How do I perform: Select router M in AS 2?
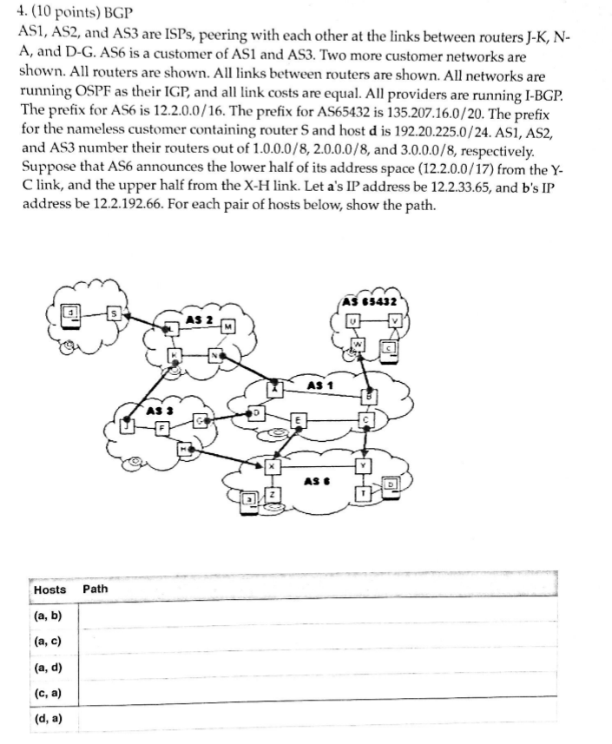click(227, 326)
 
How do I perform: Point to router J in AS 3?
click(130, 425)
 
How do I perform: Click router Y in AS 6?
click(365, 465)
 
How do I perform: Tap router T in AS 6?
click(363, 494)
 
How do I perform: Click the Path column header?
click(95, 589)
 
